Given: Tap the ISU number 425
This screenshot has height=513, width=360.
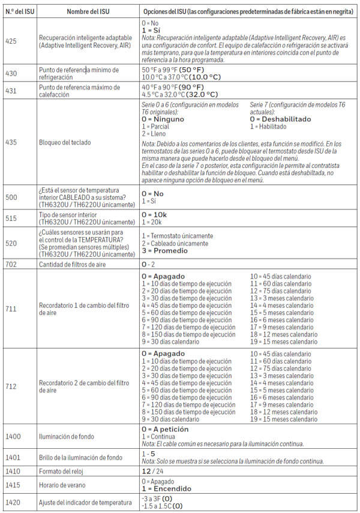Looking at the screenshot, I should click(x=11, y=40).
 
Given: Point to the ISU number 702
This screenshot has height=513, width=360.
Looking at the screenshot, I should click(x=11, y=264).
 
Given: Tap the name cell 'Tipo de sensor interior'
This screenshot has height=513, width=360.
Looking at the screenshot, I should click(x=67, y=214).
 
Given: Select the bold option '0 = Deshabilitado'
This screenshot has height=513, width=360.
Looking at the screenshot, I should click(x=281, y=119).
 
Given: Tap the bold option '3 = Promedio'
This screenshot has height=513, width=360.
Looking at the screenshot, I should click(x=164, y=251).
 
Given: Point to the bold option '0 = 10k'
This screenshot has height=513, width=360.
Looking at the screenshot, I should click(x=156, y=214).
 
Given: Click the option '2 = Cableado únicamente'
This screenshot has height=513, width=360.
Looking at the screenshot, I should click(x=175, y=243).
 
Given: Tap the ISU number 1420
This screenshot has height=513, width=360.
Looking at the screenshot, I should click(x=13, y=502).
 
